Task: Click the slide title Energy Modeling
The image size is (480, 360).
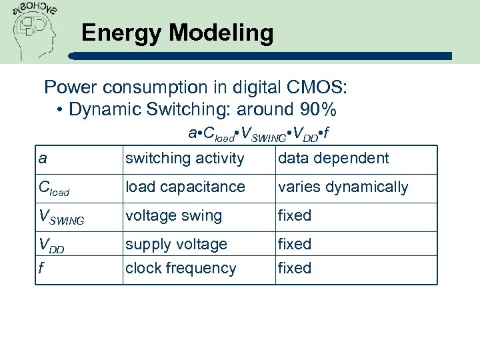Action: tap(177, 33)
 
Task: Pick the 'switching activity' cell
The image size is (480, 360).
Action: tap(185, 159)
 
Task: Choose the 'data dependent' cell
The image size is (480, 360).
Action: tap(333, 159)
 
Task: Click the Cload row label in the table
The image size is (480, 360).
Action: tap(54, 189)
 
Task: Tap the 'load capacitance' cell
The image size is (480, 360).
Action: tap(185, 187)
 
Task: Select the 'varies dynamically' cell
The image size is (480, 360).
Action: tap(343, 187)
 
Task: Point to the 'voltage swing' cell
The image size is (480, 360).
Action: tap(173, 216)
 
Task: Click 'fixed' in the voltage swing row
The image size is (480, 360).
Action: tap(295, 216)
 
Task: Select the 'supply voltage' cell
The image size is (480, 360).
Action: tap(176, 245)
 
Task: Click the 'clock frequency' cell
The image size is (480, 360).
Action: tap(181, 269)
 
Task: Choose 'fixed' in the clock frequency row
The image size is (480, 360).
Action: tap(295, 269)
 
